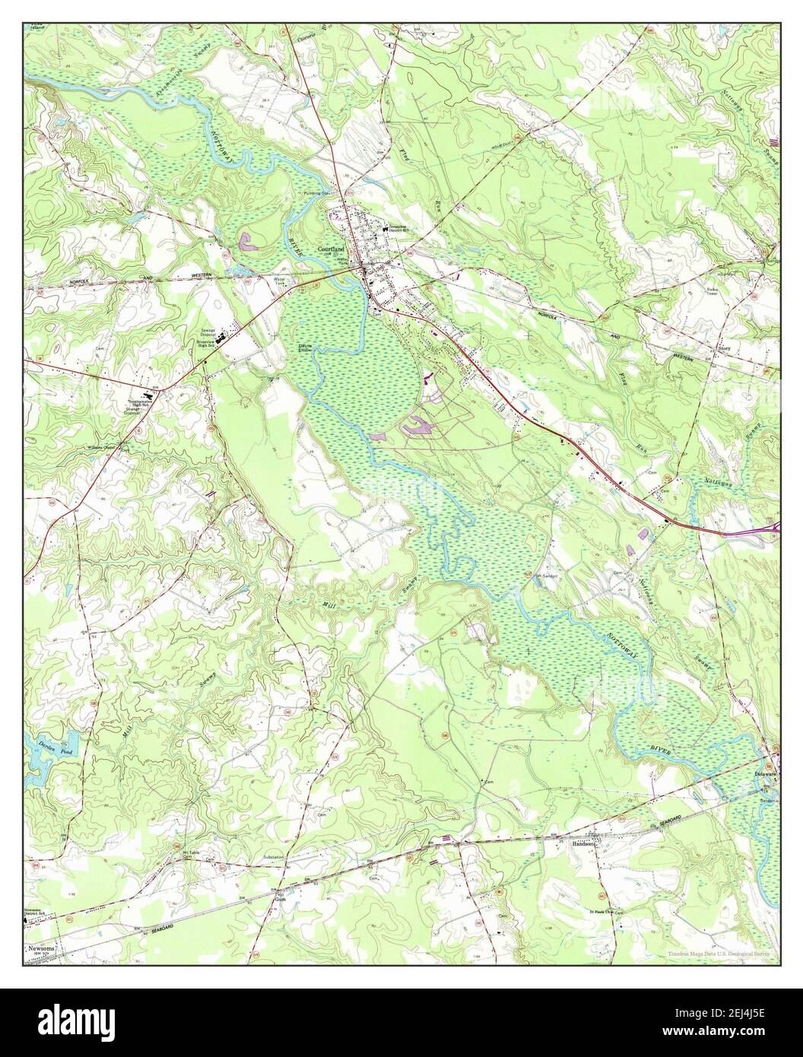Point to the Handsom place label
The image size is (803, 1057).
[x=582, y=843]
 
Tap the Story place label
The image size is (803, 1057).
[x=726, y=349]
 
